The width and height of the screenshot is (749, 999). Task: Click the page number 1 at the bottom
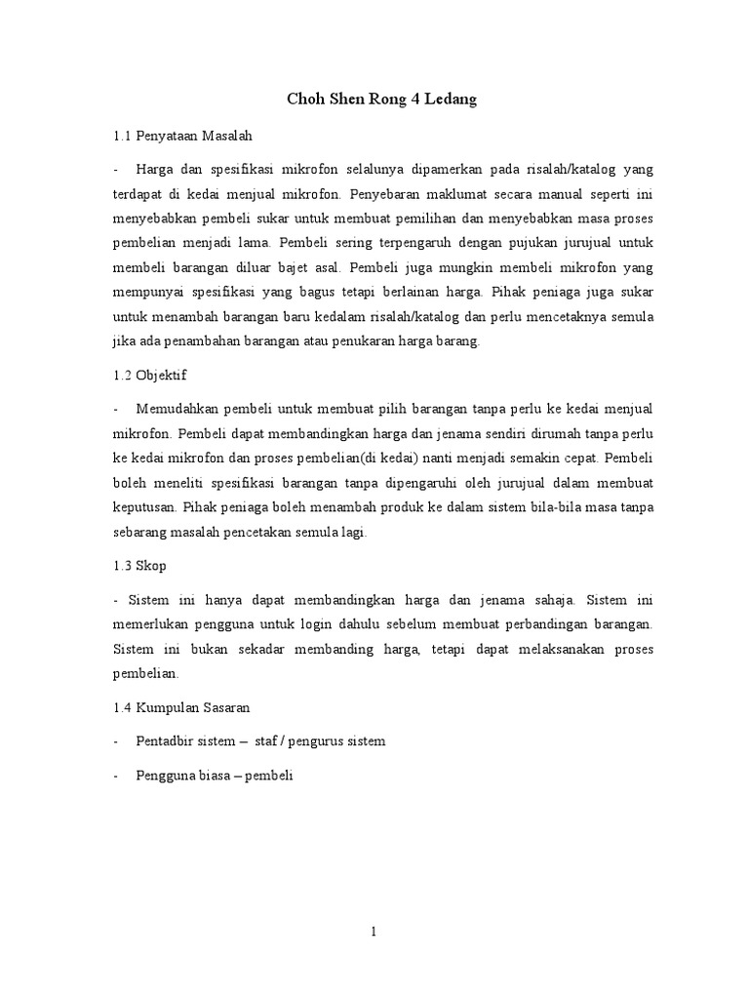(x=374, y=932)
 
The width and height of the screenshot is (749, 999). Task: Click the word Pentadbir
(x=172, y=741)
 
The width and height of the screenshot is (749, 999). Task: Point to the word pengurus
(x=324, y=741)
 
